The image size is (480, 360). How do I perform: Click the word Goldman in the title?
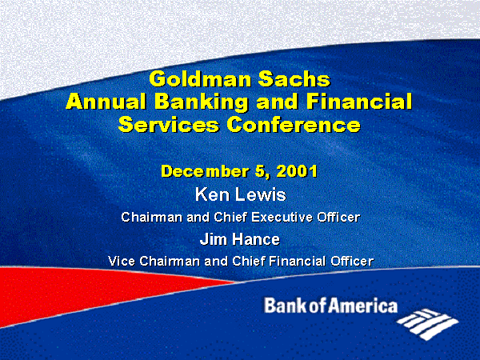pos(201,79)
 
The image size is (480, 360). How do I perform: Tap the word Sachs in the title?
pos(294,79)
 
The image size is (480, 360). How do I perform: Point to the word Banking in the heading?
pos(201,102)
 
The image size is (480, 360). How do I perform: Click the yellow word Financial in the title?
pos(359,102)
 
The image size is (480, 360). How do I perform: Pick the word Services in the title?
pos(169,125)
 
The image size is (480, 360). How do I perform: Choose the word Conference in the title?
pos(294,125)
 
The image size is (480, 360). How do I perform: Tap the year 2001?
pos(297,171)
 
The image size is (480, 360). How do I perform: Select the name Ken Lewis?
pos(241,194)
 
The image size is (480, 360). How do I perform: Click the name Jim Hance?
pos(240,239)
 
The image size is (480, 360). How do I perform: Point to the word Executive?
pos(282,217)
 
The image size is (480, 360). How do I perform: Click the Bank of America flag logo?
pos(428,325)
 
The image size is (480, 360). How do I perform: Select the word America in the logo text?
pos(362,306)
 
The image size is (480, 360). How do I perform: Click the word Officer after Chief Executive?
pos(338,217)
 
